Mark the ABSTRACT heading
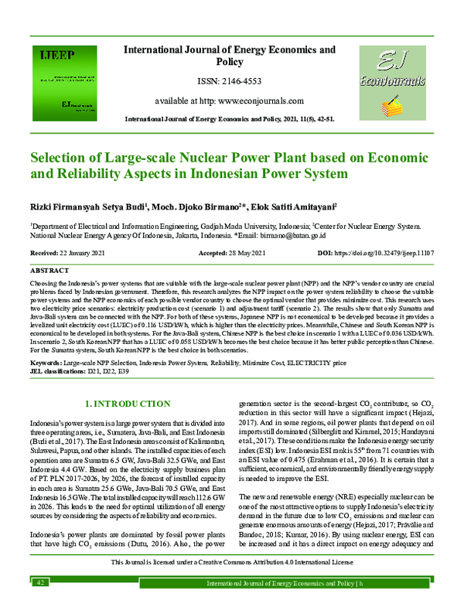coord(49,272)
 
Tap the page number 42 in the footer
coord(39,591)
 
